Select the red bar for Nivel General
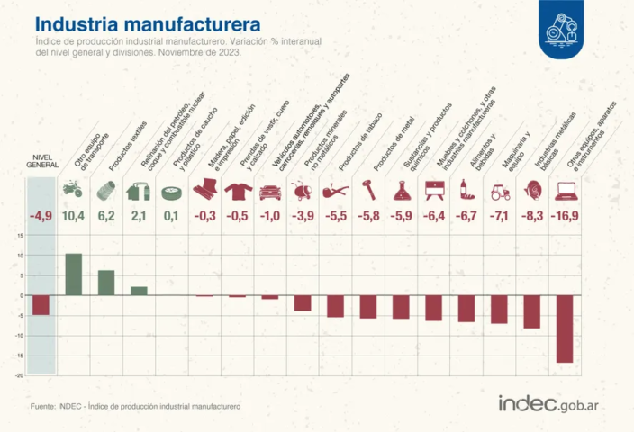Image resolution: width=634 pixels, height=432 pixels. point(41,305)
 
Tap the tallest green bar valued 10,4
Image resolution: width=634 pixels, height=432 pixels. point(73,274)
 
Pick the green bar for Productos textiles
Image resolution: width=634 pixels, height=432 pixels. point(106,283)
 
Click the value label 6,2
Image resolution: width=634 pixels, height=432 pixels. point(106,216)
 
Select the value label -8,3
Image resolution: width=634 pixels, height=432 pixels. point(532,216)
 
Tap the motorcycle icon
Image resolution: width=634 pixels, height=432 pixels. point(73,190)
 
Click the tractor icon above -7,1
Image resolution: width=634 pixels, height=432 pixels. point(499,191)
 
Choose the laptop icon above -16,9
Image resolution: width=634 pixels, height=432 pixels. point(566,191)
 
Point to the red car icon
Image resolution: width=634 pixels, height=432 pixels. point(269,191)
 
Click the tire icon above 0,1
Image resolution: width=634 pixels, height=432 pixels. point(171,191)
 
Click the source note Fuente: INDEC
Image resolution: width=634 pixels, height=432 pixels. point(135,408)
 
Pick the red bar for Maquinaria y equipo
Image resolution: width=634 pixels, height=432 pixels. point(499,310)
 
